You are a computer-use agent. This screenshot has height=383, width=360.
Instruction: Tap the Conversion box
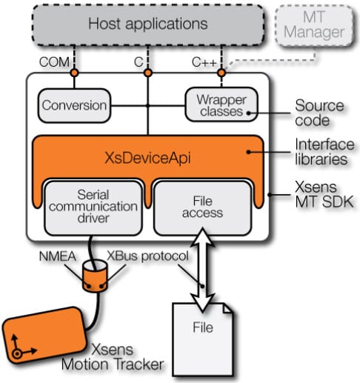[x=73, y=105]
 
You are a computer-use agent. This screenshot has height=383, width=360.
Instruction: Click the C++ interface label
[x=204, y=62]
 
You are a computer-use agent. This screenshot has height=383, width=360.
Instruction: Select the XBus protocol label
[x=154, y=256]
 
